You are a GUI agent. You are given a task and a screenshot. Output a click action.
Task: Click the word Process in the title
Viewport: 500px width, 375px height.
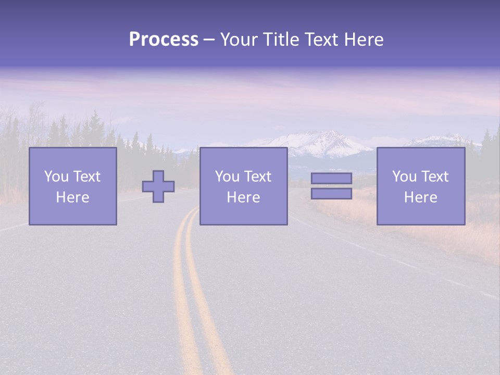coord(164,40)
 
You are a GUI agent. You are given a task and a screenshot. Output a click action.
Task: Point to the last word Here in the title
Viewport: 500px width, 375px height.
coord(365,40)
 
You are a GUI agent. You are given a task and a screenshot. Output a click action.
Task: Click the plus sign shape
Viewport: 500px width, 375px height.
coord(158,186)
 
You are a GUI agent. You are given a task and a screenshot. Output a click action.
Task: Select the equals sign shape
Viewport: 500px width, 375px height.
coord(331,186)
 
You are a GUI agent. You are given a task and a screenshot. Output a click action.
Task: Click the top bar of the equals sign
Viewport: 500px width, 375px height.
coord(331,179)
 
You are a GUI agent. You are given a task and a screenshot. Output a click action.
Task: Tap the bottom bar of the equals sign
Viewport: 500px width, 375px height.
coord(331,193)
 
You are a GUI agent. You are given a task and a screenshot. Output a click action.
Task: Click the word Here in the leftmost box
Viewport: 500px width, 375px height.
coord(72,197)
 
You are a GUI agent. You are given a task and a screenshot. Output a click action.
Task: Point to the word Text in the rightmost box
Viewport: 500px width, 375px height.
coord(434,177)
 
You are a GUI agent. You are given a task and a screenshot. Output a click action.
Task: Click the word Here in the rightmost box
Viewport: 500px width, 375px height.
coord(421,197)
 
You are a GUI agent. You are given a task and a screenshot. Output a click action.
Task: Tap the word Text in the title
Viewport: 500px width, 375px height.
coord(318,40)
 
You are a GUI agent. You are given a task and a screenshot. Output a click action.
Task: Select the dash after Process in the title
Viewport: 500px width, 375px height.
coord(209,40)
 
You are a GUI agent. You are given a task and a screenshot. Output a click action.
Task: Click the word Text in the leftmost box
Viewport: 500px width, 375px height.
coord(86,177)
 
